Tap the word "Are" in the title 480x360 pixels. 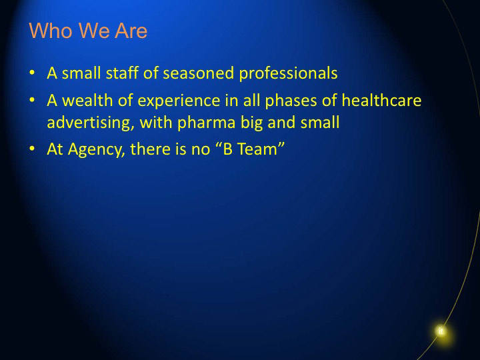click(x=131, y=31)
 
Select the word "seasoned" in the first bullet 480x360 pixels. click(x=199, y=73)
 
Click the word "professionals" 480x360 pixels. click(x=288, y=74)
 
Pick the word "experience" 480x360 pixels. click(x=179, y=101)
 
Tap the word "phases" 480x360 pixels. click(x=291, y=101)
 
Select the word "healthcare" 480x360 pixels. click(x=381, y=101)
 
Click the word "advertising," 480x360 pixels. click(x=91, y=123)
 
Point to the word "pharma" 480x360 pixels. click(x=206, y=123)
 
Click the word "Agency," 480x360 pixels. click(x=97, y=150)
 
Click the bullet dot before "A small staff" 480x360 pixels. click(x=32, y=73)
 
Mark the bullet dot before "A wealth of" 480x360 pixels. click(x=32, y=100)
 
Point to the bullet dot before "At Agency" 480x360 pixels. click(x=32, y=149)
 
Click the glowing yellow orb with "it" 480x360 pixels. click(x=441, y=331)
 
